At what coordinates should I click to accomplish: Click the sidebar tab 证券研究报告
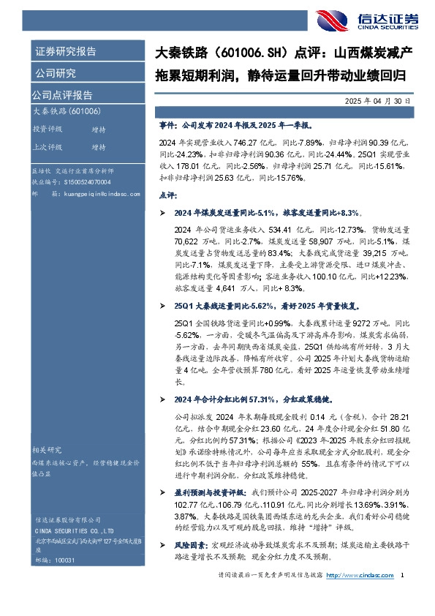tap(65, 52)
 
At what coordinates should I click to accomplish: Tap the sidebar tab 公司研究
tap(55, 73)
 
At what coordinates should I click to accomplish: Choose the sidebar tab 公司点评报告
tap(62, 95)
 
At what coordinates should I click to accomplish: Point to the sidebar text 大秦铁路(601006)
tap(67, 111)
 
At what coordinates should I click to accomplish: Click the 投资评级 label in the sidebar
tap(48, 129)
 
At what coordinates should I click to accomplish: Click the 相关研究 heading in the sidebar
tap(47, 449)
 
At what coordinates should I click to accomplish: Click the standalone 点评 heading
tap(167, 196)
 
